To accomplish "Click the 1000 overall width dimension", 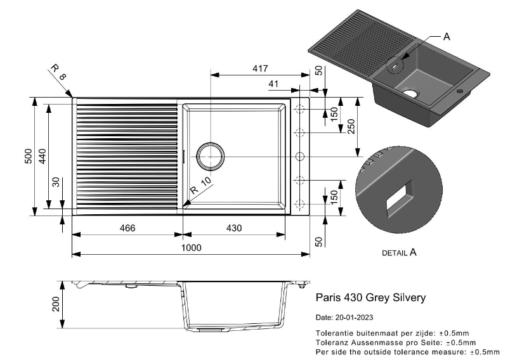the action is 191,248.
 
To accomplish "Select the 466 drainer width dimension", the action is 127,228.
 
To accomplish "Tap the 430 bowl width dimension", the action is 234,228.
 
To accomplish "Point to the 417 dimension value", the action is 260,68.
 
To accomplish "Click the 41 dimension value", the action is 273,84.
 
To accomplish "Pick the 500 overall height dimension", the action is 29,156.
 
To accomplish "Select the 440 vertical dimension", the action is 42,156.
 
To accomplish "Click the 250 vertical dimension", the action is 351,126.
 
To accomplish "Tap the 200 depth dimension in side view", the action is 56,304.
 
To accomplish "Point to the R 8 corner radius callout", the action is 58,72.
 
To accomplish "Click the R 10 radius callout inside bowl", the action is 200,186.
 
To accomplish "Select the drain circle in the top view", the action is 210,156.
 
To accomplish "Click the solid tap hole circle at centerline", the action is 300,156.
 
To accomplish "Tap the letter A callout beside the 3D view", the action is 447,37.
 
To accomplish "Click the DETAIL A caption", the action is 399,252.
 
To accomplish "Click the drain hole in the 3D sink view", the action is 410,93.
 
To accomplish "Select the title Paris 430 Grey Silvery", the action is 370,297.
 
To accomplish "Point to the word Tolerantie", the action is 334,333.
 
